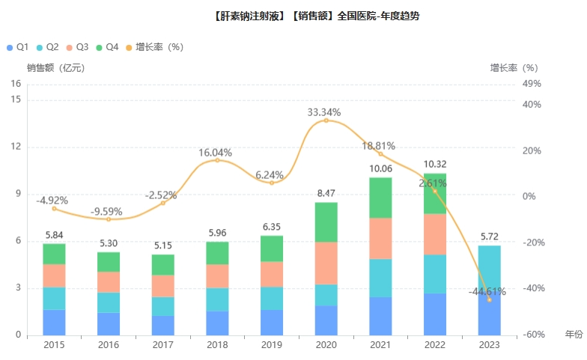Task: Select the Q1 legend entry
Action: tap(19, 47)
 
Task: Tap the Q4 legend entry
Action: tap(106, 47)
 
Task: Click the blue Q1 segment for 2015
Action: tap(54, 322)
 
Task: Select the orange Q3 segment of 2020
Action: tap(326, 263)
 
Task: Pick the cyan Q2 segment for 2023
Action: tap(489, 266)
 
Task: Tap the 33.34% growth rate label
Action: tap(324, 112)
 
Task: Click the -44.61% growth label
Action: tap(487, 291)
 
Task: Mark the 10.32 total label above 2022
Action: tap(435, 164)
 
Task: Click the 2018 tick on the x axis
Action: tap(217, 344)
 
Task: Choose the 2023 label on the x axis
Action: tap(489, 344)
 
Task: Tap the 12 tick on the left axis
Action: tap(16, 147)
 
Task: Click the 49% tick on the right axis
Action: tap(532, 84)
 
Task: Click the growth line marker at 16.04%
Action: tap(217, 160)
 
